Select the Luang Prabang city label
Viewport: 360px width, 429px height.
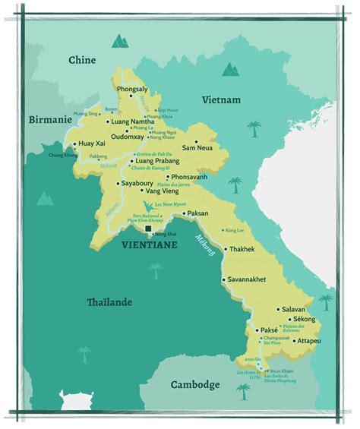coord(159,161)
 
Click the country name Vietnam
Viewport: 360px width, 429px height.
coord(221,99)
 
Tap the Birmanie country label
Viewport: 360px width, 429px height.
coord(50,120)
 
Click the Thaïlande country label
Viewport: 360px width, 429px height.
coord(108,302)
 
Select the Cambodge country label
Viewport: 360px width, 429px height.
coord(195,384)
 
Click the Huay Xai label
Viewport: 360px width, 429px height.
coord(95,143)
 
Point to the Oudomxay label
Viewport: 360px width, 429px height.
coord(132,137)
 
